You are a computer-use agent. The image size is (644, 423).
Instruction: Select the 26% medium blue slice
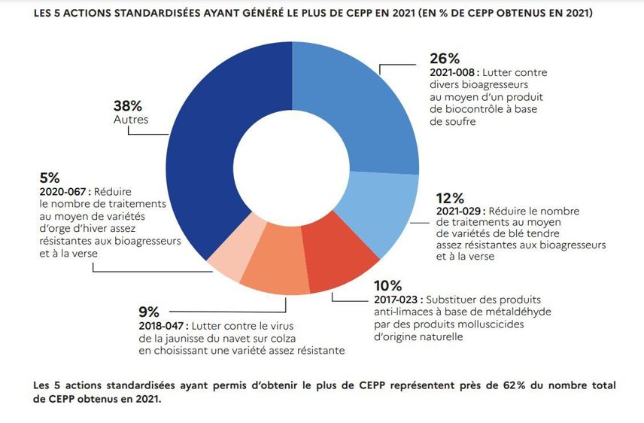[x=361, y=105]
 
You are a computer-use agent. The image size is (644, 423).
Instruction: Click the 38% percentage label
[x=128, y=106]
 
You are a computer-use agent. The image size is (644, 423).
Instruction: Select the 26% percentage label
[x=444, y=59]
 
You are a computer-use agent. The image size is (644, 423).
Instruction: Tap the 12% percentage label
[x=450, y=198]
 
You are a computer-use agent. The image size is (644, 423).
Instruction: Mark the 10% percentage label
[x=388, y=286]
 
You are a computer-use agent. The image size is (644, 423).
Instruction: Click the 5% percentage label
[x=49, y=178]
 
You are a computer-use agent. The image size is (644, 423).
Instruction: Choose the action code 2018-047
[x=162, y=327]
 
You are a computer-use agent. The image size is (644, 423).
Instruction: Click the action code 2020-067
[x=62, y=192]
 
